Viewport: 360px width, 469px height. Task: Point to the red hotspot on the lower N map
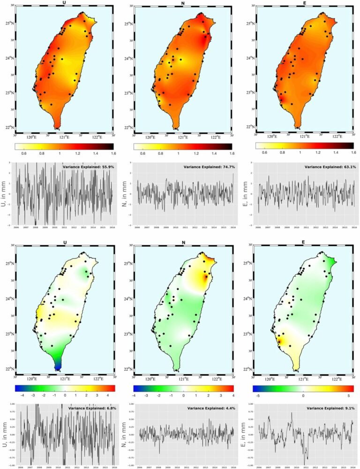(x=205, y=277)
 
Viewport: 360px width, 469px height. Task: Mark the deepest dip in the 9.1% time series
(x=307, y=459)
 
